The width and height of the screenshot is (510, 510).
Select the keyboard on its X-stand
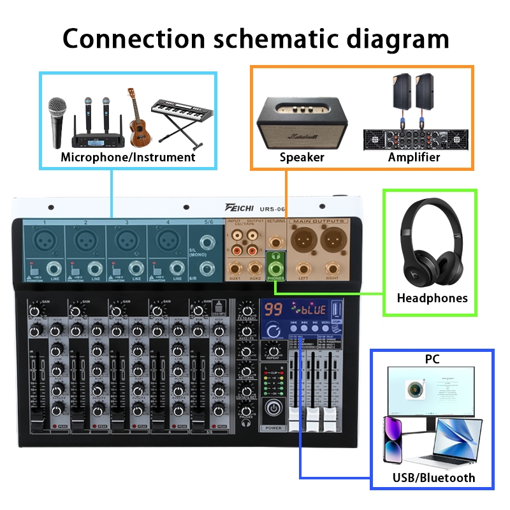tap(181, 115)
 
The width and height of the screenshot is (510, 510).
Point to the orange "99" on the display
tap(274, 310)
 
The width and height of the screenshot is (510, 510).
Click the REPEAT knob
tap(273, 350)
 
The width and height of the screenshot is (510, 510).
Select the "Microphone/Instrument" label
tap(127, 157)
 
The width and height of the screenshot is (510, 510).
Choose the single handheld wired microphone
tap(59, 121)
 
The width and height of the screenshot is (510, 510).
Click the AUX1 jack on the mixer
tap(235, 268)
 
